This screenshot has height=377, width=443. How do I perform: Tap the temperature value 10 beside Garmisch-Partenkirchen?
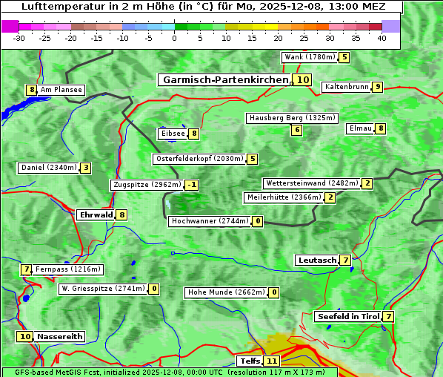point(302,79)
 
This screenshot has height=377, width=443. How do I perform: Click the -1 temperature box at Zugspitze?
point(192,185)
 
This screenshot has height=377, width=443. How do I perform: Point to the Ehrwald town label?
point(96,214)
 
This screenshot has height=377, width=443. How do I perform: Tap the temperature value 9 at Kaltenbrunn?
point(377,87)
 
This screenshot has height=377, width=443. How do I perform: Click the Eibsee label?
point(172,134)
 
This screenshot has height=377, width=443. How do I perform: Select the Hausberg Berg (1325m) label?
point(292,118)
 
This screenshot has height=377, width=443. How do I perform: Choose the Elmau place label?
point(360,128)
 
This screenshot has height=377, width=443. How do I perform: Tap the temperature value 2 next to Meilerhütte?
point(330,197)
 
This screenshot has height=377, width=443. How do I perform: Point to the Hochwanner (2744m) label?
point(210,221)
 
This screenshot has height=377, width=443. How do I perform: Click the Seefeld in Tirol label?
point(347,316)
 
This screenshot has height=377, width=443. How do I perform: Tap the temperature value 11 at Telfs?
point(272,361)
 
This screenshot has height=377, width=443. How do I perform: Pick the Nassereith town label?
point(59,336)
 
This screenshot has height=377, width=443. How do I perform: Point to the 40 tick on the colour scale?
point(382,39)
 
